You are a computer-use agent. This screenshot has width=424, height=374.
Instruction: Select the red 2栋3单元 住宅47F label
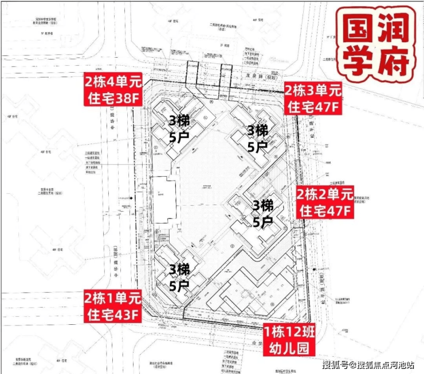click(313, 98)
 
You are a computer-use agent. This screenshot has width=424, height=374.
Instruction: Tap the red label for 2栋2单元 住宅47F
click(324, 202)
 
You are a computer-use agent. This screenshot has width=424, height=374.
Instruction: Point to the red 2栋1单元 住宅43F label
click(112, 305)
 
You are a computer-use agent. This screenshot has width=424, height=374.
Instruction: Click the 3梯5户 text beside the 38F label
click(179, 128)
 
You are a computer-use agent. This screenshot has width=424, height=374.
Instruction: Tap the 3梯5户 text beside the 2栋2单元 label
click(264, 213)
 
